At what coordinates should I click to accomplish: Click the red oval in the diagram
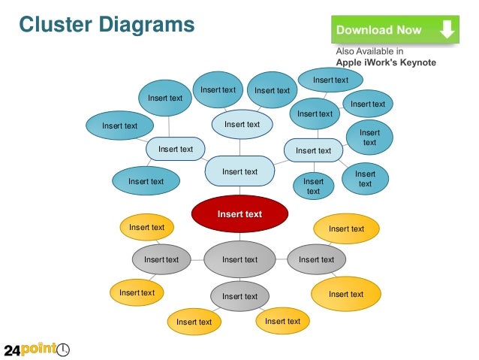(239, 214)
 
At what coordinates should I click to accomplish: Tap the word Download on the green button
(363, 31)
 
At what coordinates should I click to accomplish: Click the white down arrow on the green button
(447, 29)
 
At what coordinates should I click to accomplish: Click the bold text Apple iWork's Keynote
(385, 62)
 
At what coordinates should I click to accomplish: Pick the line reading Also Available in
(369, 51)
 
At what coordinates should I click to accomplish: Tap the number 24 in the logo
(13, 349)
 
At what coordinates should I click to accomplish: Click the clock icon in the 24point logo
(64, 349)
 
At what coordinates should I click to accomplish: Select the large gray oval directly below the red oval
(239, 260)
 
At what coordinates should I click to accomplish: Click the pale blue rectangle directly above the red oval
(240, 171)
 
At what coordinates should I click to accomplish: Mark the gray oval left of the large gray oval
(161, 260)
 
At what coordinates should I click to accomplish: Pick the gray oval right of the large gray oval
(316, 260)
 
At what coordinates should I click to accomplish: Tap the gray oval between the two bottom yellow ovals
(239, 296)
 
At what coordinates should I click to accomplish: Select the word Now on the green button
(409, 31)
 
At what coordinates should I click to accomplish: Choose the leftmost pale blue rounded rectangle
(176, 149)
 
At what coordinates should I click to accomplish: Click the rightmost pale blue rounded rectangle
(313, 150)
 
